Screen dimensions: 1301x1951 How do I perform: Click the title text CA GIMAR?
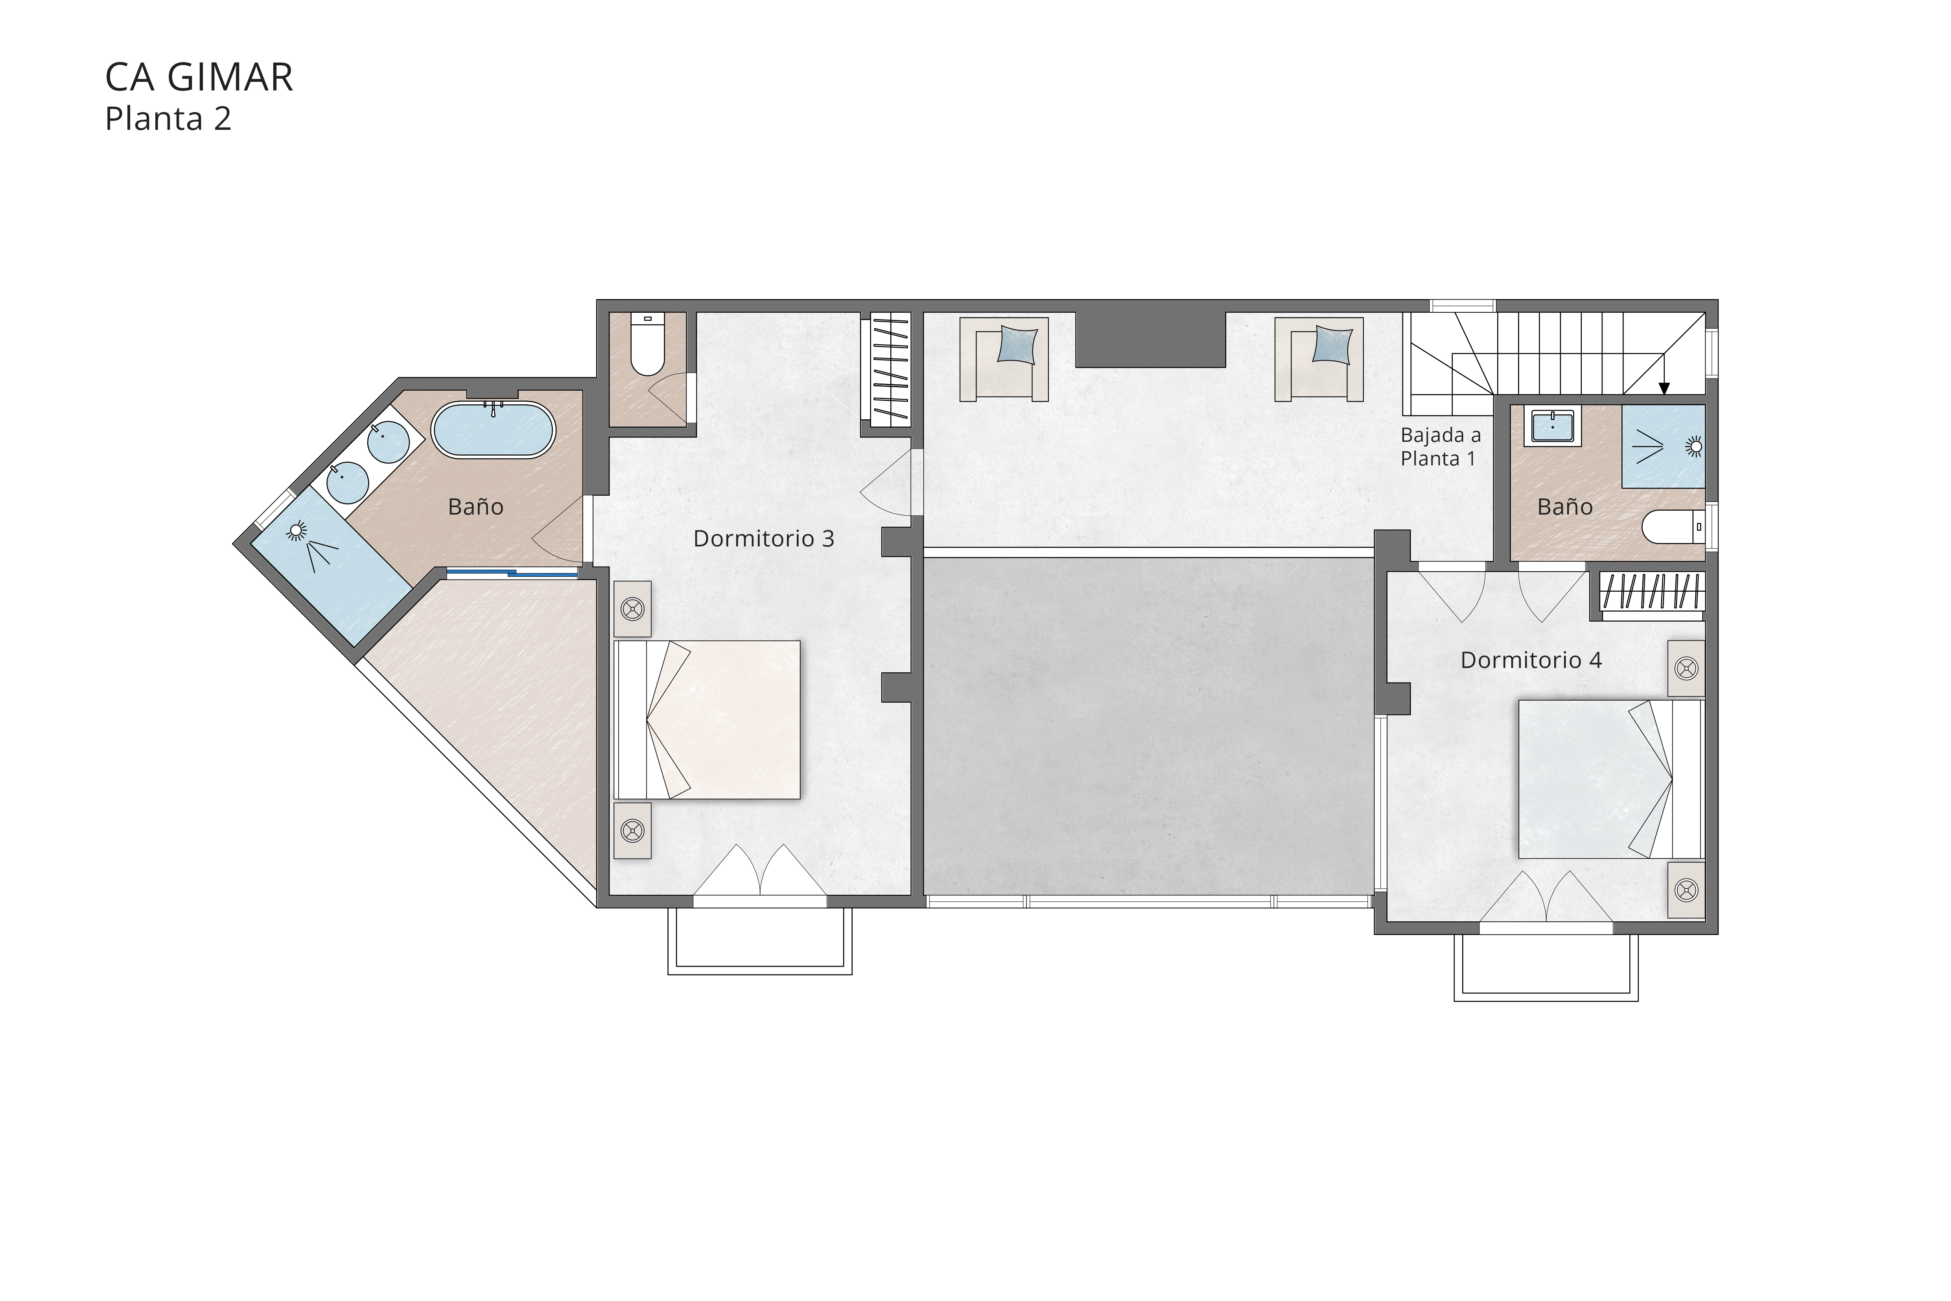199,78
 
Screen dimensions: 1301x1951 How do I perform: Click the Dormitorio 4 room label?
1531,661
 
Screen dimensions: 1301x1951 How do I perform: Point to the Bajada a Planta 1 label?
1440,447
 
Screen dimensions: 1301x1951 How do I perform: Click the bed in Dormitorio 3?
707,720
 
